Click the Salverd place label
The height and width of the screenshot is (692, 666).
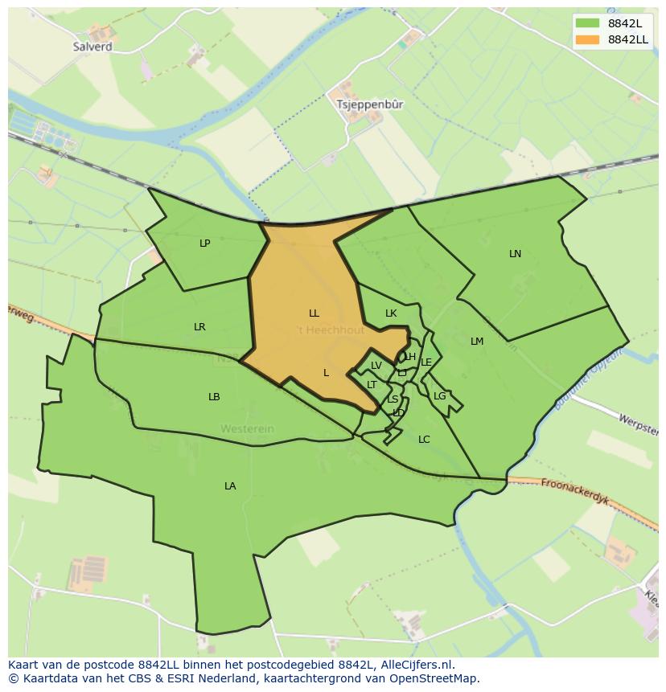click(92, 47)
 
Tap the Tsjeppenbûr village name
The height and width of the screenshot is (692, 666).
click(371, 104)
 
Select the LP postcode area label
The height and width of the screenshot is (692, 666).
click(205, 243)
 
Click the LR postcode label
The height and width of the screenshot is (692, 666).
click(199, 326)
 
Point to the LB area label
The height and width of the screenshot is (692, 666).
click(214, 397)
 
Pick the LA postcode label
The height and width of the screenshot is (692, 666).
click(230, 485)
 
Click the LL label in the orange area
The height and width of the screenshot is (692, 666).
click(314, 313)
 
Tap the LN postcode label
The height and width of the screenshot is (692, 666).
click(515, 254)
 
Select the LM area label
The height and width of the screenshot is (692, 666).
click(477, 342)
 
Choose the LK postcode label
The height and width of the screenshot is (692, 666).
click(391, 313)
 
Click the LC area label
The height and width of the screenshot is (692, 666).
click(424, 439)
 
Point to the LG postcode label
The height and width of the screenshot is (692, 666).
click(439, 396)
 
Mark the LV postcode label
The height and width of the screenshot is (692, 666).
click(376, 366)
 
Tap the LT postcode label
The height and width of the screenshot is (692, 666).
click(372, 385)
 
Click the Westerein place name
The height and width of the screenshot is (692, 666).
click(248, 428)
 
